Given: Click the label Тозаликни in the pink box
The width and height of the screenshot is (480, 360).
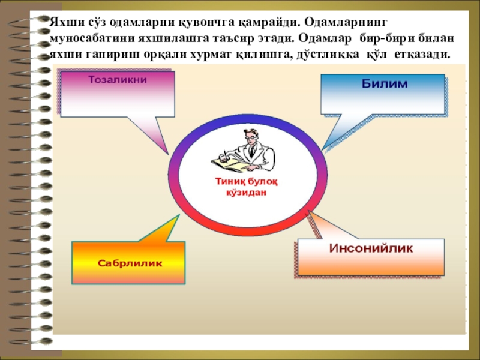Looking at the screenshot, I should click(x=118, y=79).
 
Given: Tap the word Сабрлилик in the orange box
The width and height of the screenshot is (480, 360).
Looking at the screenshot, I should click(x=130, y=263).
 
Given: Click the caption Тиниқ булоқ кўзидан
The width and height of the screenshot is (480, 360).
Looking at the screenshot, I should click(x=246, y=187).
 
